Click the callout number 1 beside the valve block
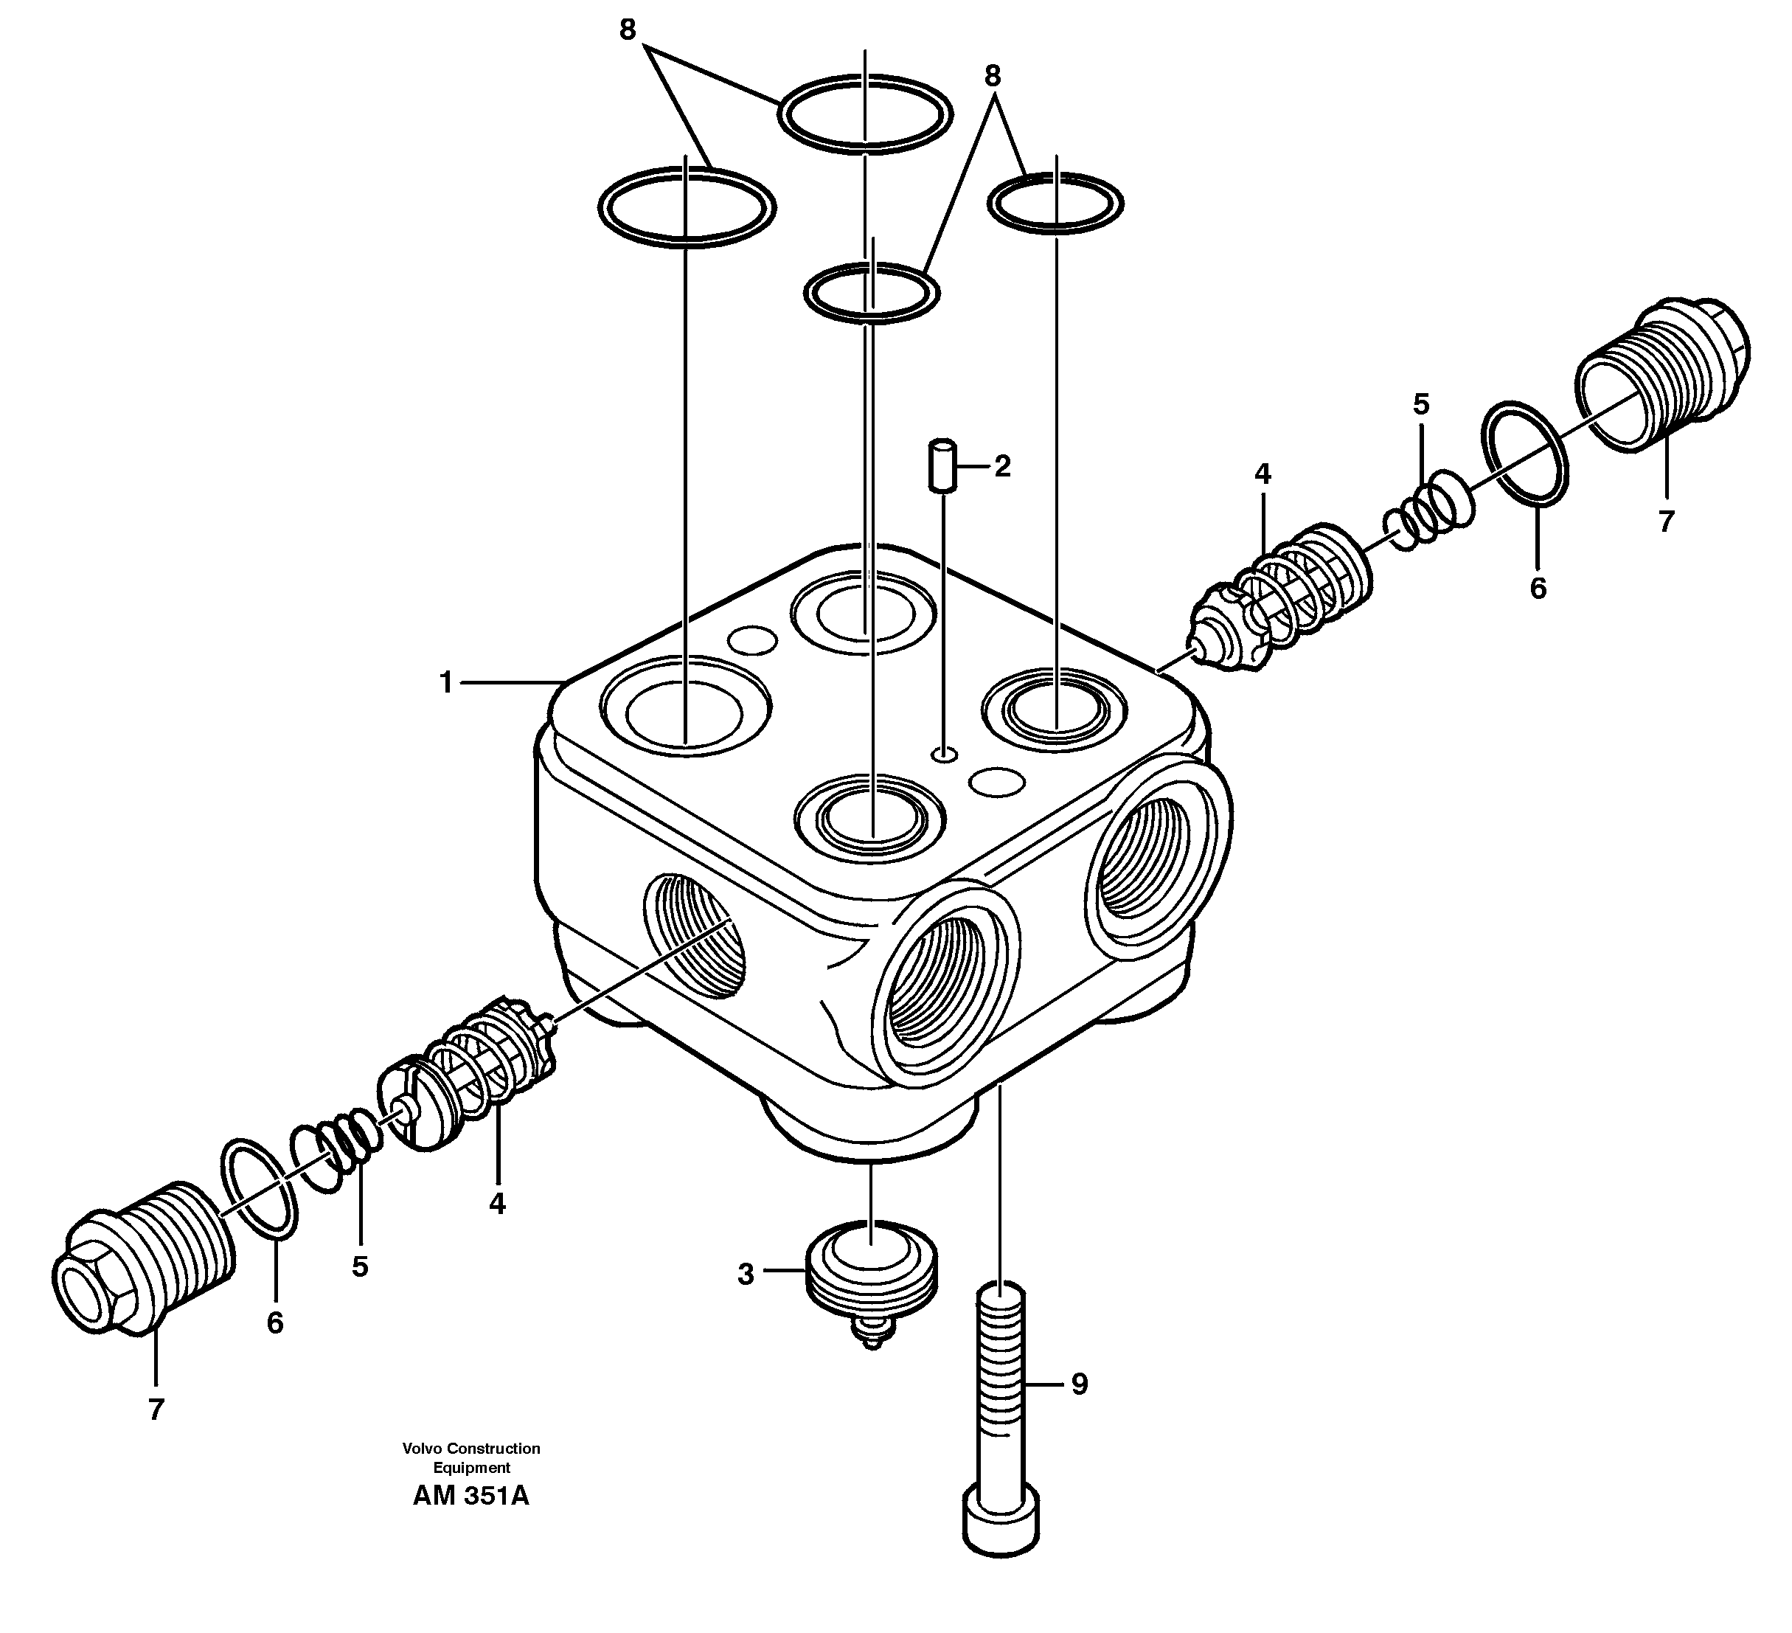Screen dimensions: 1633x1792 pos(446,683)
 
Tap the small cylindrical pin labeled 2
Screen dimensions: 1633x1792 pos(941,464)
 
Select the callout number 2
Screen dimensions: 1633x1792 pos(1003,466)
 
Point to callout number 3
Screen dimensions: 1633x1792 pos(745,1275)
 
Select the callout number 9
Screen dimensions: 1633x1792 pos(1079,1384)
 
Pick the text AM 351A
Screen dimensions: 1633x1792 pos(470,1496)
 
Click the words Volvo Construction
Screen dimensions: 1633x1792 pos(471,1448)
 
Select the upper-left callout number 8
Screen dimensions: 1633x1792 pos(628,30)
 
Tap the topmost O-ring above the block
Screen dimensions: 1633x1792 pos(865,114)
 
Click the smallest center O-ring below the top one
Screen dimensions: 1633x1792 pos(871,291)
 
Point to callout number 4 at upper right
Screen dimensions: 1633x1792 pos(1263,475)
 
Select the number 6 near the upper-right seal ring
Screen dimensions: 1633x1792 pos(1537,589)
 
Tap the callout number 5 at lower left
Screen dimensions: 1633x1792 pos(359,1266)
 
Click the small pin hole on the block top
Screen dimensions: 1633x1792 pos(944,755)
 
